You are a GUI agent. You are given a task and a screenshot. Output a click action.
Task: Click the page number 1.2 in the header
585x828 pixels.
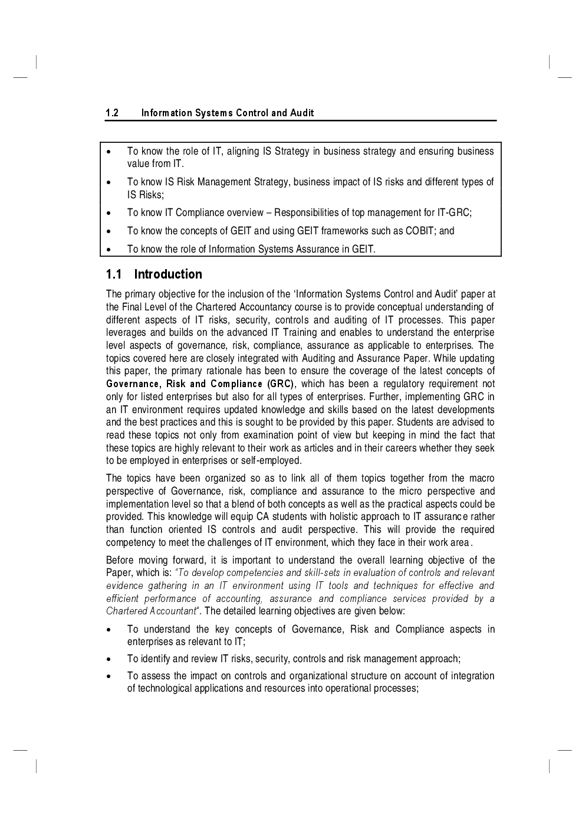point(112,113)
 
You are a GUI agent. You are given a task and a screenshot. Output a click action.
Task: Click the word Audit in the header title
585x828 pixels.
point(302,113)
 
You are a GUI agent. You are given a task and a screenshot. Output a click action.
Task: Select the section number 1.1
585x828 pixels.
point(113,274)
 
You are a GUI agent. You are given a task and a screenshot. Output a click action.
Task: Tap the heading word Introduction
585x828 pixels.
point(168,274)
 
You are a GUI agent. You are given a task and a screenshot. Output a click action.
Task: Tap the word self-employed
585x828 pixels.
point(277,461)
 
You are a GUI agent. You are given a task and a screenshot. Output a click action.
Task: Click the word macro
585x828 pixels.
point(480,479)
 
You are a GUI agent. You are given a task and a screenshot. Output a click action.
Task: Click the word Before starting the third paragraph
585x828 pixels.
point(120,560)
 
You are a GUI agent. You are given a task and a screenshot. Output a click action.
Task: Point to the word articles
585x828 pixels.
point(319,448)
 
